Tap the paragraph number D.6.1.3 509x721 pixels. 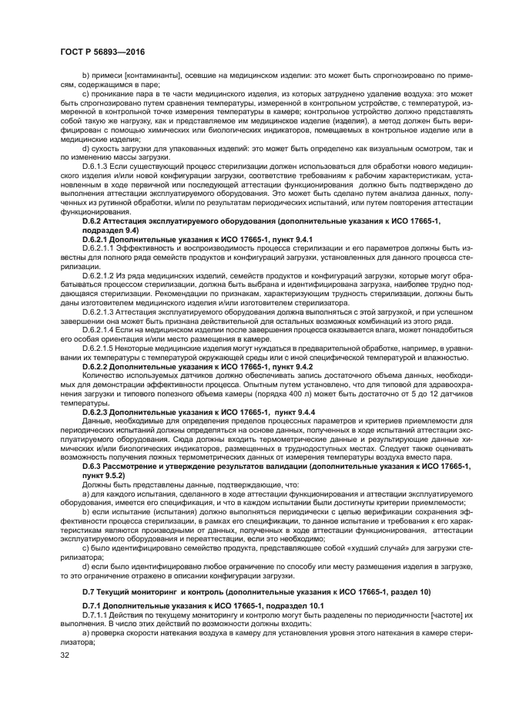click(98, 166)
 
